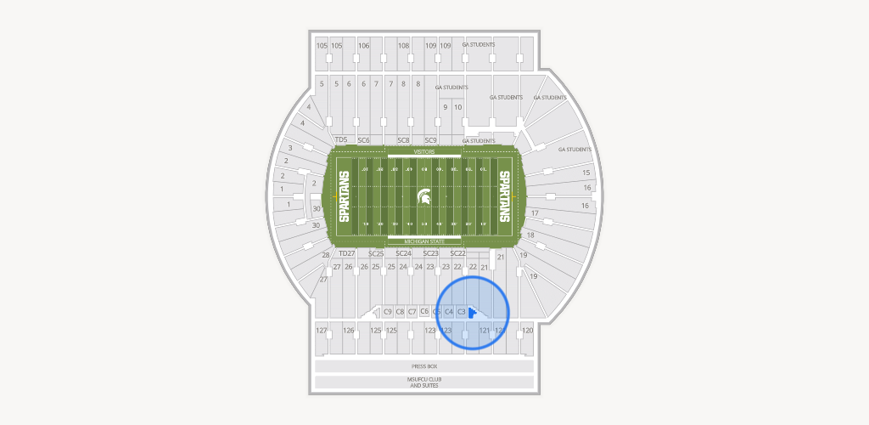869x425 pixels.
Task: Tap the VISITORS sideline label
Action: tap(424, 151)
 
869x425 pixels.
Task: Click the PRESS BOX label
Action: tap(424, 365)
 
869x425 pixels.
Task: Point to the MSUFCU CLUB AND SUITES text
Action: tap(424, 382)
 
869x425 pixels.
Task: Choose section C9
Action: tap(388, 312)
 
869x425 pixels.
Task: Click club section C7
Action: tap(412, 312)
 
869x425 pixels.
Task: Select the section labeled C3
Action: tap(462, 312)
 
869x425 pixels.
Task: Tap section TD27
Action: tap(346, 253)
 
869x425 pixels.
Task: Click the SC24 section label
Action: tap(404, 253)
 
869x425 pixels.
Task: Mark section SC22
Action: tap(457, 253)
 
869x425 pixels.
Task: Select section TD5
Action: tap(341, 139)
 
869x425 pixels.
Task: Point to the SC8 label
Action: tap(404, 139)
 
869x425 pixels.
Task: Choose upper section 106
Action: tap(364, 46)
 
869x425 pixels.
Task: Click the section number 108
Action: tap(404, 46)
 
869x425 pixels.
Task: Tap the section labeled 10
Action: tap(458, 107)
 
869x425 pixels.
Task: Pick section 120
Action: tap(527, 330)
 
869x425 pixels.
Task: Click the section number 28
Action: tap(325, 255)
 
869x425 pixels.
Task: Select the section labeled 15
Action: tap(586, 173)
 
